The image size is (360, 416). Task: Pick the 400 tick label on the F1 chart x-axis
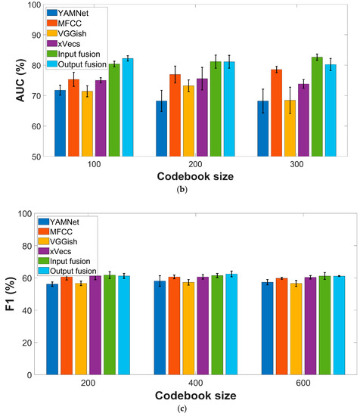[190, 384]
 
